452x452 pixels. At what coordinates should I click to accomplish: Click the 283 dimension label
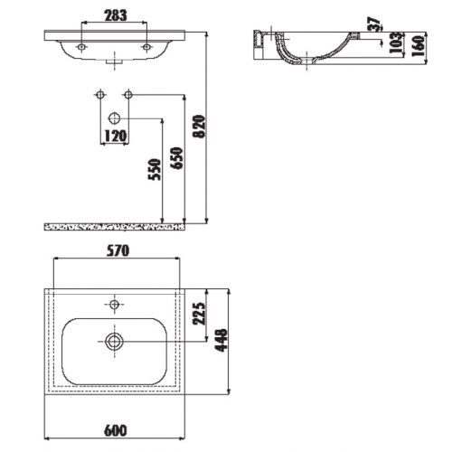116,15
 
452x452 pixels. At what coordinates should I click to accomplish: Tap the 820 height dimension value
199,127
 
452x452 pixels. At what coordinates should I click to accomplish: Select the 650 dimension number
176,158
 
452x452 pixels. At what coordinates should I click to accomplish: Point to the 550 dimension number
155,169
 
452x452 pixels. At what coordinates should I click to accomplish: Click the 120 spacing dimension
115,136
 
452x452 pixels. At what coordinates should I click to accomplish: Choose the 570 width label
118,250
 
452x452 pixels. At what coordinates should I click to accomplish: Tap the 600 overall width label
116,430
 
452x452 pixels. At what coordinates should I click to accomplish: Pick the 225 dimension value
199,314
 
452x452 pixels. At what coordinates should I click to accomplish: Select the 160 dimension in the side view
418,46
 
